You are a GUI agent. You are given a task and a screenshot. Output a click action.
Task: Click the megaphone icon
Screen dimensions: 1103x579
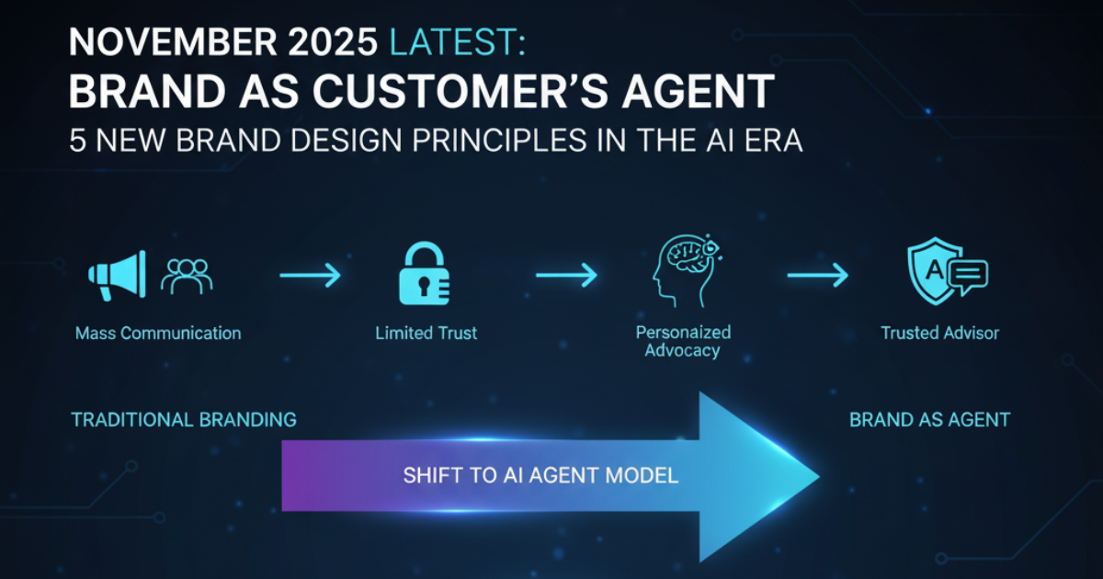point(118,275)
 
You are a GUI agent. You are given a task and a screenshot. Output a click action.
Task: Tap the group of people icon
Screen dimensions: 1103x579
point(187,277)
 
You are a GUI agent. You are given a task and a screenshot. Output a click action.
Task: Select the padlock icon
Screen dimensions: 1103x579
point(424,273)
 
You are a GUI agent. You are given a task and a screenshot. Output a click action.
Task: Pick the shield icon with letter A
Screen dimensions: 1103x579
point(948,271)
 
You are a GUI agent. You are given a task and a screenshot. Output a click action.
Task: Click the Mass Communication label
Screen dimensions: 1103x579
point(158,334)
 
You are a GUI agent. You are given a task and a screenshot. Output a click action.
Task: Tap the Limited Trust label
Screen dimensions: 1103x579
point(426,334)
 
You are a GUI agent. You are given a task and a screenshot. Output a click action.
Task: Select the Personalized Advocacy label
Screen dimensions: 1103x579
point(683,341)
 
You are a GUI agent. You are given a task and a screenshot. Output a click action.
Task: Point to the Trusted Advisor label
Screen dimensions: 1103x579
point(939,334)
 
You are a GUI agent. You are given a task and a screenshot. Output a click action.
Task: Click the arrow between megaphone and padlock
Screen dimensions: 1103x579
point(311,275)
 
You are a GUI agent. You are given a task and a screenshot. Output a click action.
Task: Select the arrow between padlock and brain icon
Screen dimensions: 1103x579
point(566,275)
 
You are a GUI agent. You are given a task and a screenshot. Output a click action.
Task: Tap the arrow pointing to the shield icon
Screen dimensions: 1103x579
point(817,275)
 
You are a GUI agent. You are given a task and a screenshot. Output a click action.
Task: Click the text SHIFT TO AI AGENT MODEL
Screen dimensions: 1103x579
point(540,476)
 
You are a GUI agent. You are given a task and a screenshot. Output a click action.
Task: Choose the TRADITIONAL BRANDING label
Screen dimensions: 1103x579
point(184,420)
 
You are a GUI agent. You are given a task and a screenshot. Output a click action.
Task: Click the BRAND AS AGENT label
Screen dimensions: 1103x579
point(929,420)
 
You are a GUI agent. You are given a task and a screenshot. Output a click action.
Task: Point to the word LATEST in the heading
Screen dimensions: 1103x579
point(458,42)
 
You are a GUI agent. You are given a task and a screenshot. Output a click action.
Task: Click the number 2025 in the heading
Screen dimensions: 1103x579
point(333,42)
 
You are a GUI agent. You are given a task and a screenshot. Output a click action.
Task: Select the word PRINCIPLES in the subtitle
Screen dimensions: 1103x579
point(499,141)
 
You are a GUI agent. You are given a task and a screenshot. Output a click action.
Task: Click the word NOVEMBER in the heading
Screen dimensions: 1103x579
point(173,42)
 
